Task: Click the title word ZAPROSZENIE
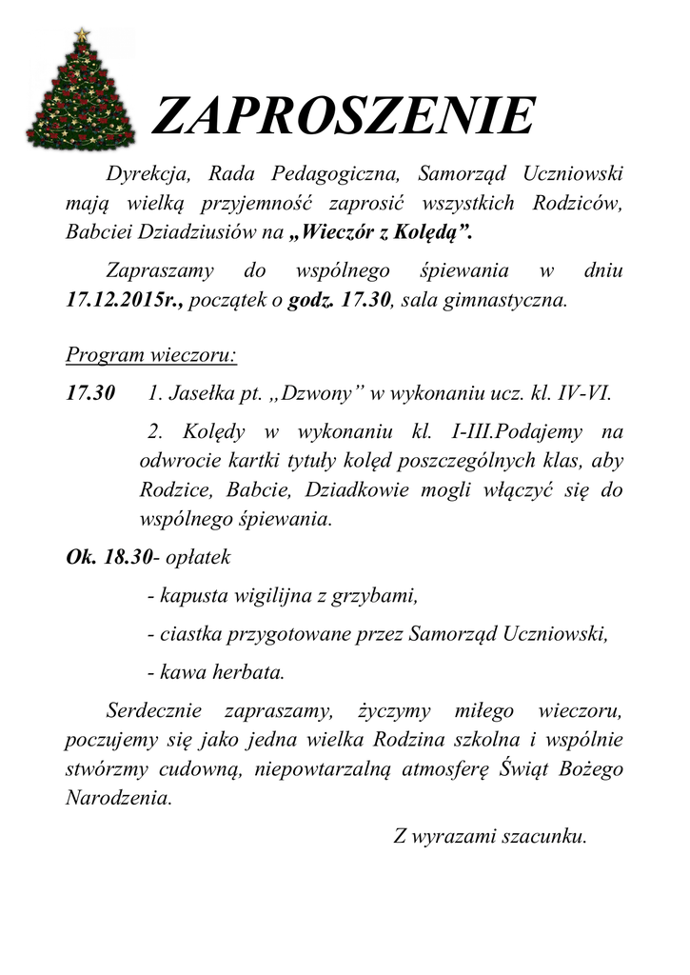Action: [343, 117]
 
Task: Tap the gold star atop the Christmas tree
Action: [82, 34]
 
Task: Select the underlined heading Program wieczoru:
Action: [151, 356]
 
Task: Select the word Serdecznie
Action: [155, 709]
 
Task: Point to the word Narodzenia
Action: [118, 798]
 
